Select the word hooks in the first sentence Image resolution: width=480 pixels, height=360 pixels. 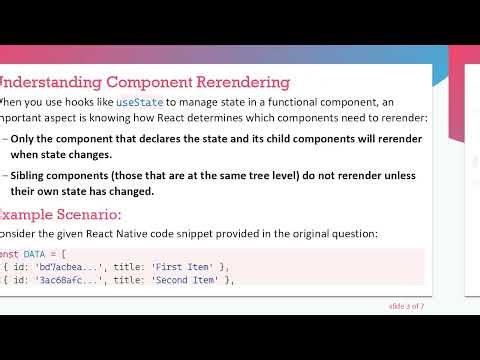point(81,102)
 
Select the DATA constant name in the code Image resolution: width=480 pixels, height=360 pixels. point(44,255)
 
